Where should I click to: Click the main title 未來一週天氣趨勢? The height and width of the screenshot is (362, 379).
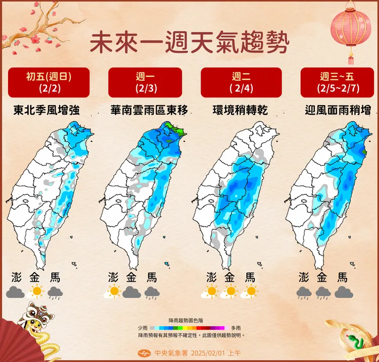click(x=189, y=43)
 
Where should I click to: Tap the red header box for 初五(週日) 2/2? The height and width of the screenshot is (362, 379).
click(x=49, y=82)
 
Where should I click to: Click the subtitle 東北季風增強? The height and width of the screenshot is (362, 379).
click(x=49, y=110)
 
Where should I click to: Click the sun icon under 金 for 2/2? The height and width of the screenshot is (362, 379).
click(x=36, y=291)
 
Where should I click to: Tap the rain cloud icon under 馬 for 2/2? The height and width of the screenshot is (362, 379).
click(x=55, y=291)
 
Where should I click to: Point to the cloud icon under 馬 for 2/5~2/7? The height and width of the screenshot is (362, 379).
click(x=344, y=292)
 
